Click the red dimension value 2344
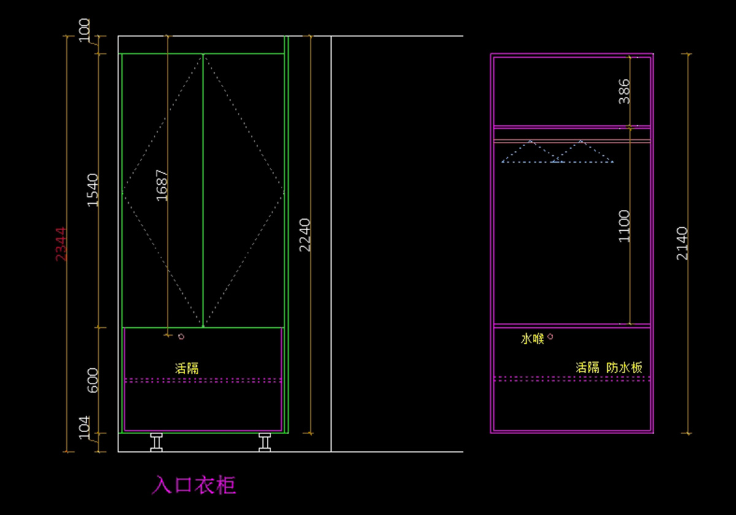pos(61,244)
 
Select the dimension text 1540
pos(93,190)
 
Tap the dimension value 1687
pos(162,185)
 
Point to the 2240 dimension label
pos(305,234)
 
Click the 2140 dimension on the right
pos(683,243)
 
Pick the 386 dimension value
pos(624,91)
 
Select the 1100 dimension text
pos(624,226)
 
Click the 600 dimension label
pos(93,380)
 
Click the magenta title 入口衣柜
pos(194,485)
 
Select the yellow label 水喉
pos(532,338)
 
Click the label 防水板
pos(624,368)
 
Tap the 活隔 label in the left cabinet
pos(187,368)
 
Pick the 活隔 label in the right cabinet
pos(587,368)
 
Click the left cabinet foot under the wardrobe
pos(156,442)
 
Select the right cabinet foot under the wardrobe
pos(265,442)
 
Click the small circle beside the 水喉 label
pos(550,336)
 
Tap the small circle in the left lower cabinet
pos(181,336)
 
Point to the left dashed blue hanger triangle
pos(530,152)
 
